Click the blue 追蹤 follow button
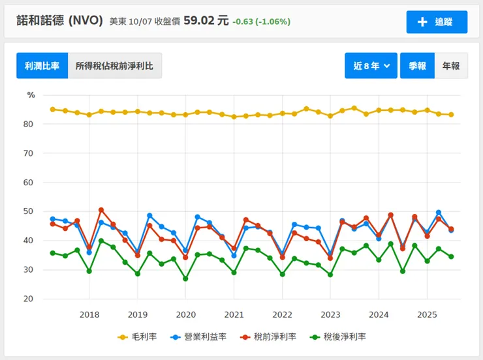click(x=437, y=22)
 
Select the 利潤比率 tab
click(x=42, y=66)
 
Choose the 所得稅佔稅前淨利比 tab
click(x=115, y=66)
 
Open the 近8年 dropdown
click(x=371, y=66)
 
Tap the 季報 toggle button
click(x=417, y=66)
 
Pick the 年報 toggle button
click(x=451, y=66)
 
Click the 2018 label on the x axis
click(x=89, y=314)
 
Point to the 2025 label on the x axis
click(x=427, y=314)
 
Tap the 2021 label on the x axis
click(x=234, y=314)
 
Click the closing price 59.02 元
click(x=206, y=21)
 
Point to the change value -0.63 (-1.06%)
click(x=261, y=22)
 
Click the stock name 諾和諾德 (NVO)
click(x=59, y=21)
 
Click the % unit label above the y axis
click(x=31, y=95)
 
